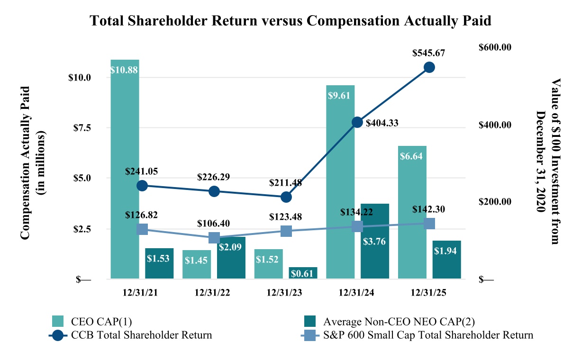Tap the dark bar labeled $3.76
click(x=374, y=241)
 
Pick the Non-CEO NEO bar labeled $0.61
click(x=303, y=273)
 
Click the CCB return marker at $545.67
click(x=429, y=67)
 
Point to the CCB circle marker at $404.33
click(x=357, y=122)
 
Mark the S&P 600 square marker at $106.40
click(x=214, y=238)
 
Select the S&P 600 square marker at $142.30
click(x=429, y=224)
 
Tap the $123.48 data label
click(x=285, y=217)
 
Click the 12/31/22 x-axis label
click(x=213, y=293)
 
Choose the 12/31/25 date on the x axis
click(x=429, y=293)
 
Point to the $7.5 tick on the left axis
click(x=80, y=128)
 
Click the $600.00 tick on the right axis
click(x=495, y=47)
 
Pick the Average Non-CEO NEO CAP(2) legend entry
click(x=398, y=322)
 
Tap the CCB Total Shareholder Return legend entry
click(x=141, y=335)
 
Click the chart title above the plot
click(x=290, y=21)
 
